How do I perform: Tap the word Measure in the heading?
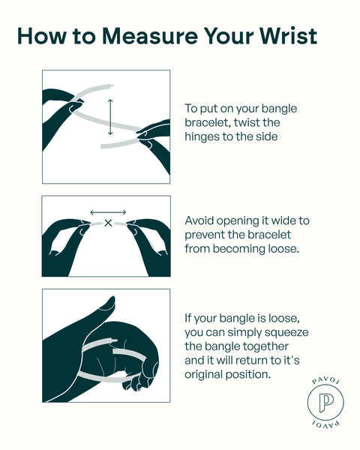point(150,36)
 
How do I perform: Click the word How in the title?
point(42,36)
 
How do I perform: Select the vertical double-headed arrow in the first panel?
point(110,117)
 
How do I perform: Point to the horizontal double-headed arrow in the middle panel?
point(108,212)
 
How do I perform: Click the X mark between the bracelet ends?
point(108,223)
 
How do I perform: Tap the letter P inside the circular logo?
point(325,402)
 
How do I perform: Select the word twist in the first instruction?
point(245,122)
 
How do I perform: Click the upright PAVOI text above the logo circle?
point(325,380)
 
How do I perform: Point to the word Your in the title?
point(229,36)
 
